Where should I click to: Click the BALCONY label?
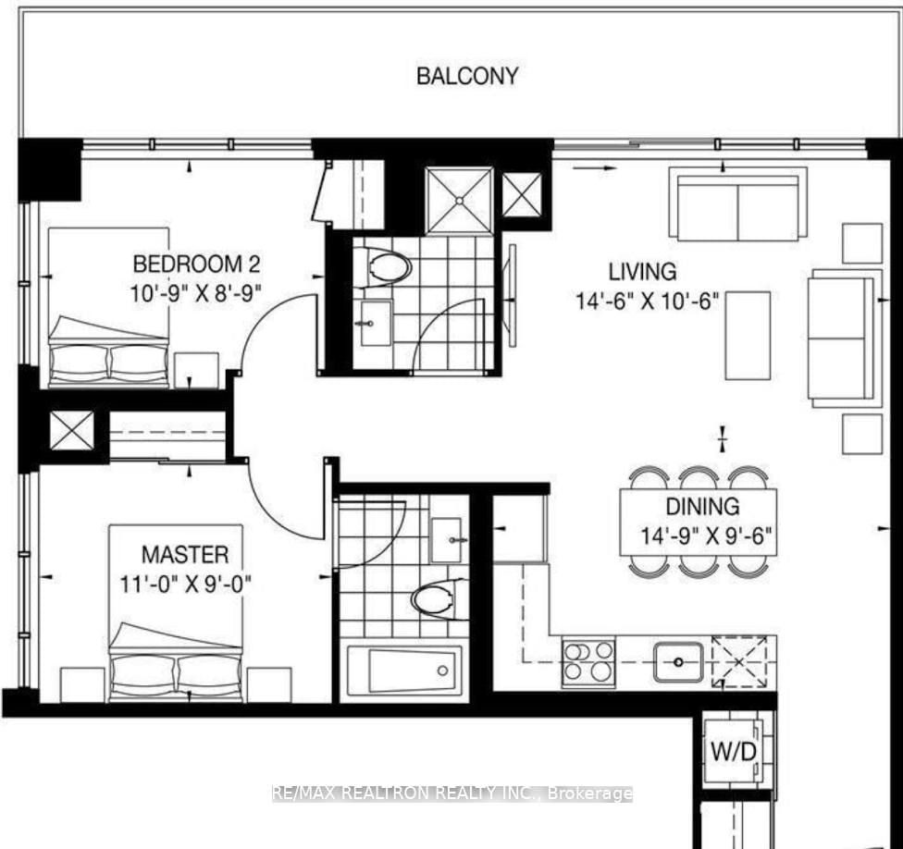(x=467, y=76)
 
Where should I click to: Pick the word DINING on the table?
(x=703, y=507)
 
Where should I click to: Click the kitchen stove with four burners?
(x=588, y=662)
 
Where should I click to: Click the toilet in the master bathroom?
(x=439, y=597)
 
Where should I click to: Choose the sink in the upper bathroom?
(x=375, y=323)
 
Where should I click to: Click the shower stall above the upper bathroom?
(x=459, y=199)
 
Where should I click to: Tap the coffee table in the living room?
(x=748, y=335)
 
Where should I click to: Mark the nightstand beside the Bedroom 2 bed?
(x=196, y=369)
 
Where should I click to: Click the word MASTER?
(x=185, y=555)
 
